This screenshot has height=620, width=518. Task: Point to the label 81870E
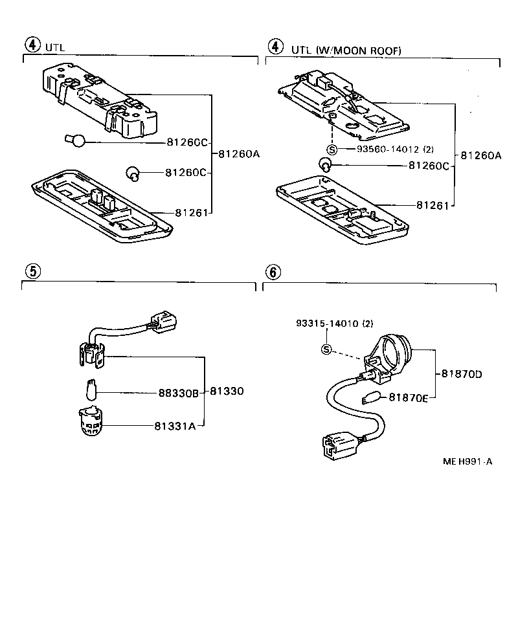[x=409, y=398]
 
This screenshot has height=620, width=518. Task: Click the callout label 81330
[x=226, y=392]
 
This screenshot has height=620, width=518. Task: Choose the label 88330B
[x=178, y=392]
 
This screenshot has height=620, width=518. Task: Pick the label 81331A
[x=175, y=425]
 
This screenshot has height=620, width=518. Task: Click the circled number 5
[x=31, y=271]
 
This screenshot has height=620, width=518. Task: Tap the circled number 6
[x=273, y=272]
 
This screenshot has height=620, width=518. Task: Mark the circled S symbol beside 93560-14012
[x=332, y=149]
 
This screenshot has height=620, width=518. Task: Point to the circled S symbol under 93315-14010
[x=326, y=350]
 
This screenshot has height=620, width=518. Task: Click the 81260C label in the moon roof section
[x=429, y=166]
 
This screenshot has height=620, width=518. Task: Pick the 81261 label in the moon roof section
[x=433, y=205]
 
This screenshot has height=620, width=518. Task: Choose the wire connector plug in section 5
[x=162, y=320]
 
